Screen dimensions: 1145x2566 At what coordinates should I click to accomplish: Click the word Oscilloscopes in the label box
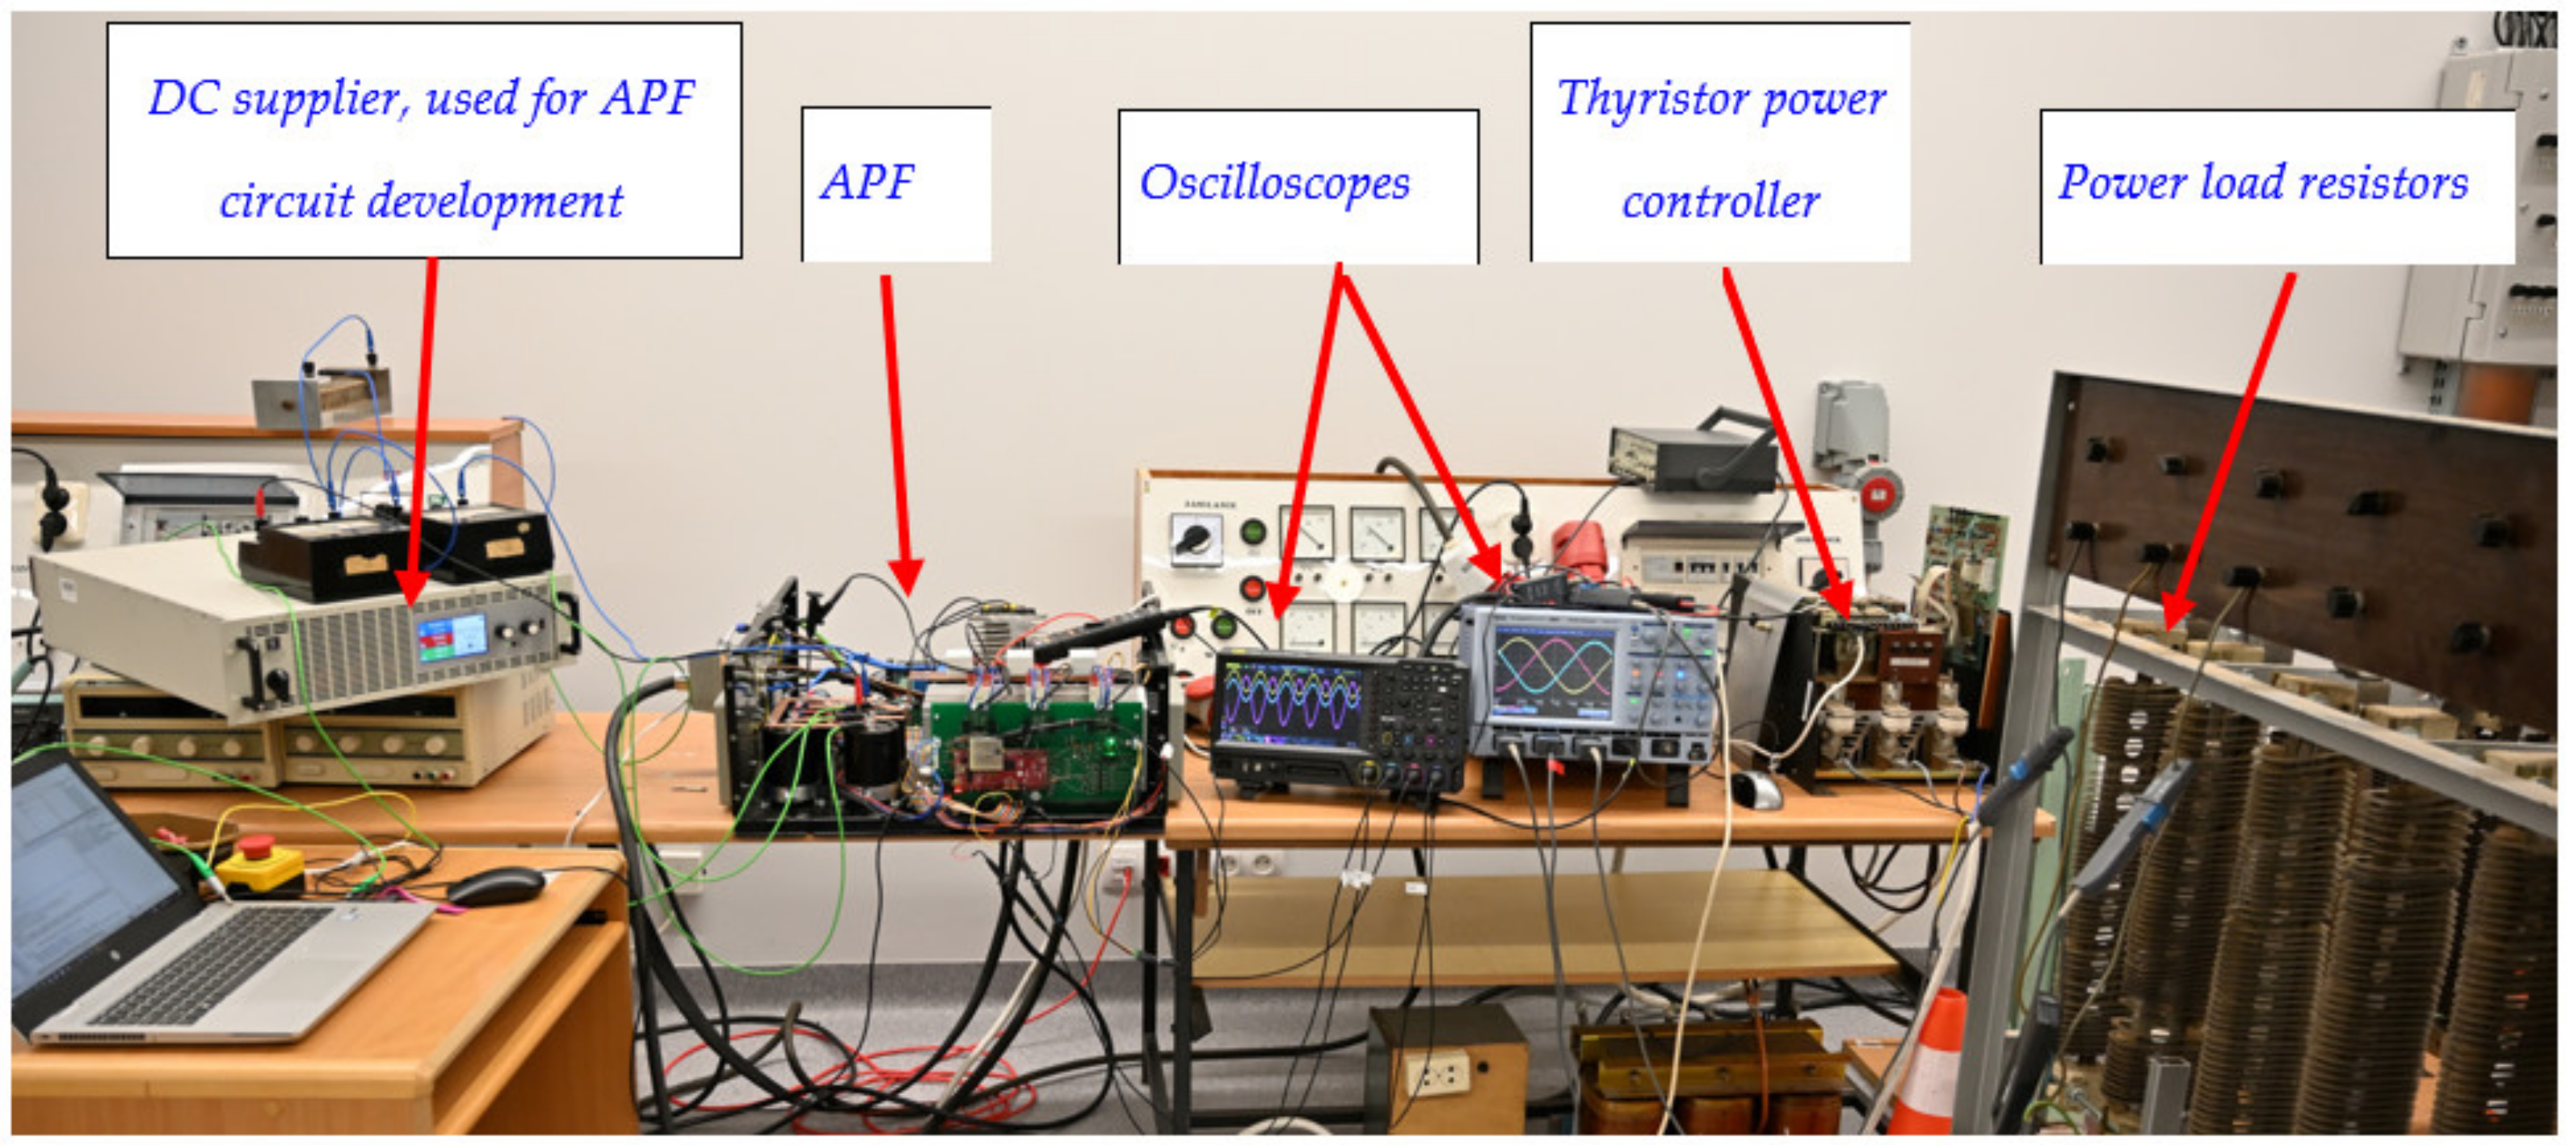[x=1274, y=184]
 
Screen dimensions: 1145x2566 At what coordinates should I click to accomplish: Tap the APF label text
[x=867, y=183]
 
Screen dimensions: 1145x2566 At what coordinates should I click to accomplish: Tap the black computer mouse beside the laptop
[x=495, y=884]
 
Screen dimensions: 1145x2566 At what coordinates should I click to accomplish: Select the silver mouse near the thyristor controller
[x=1758, y=790]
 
